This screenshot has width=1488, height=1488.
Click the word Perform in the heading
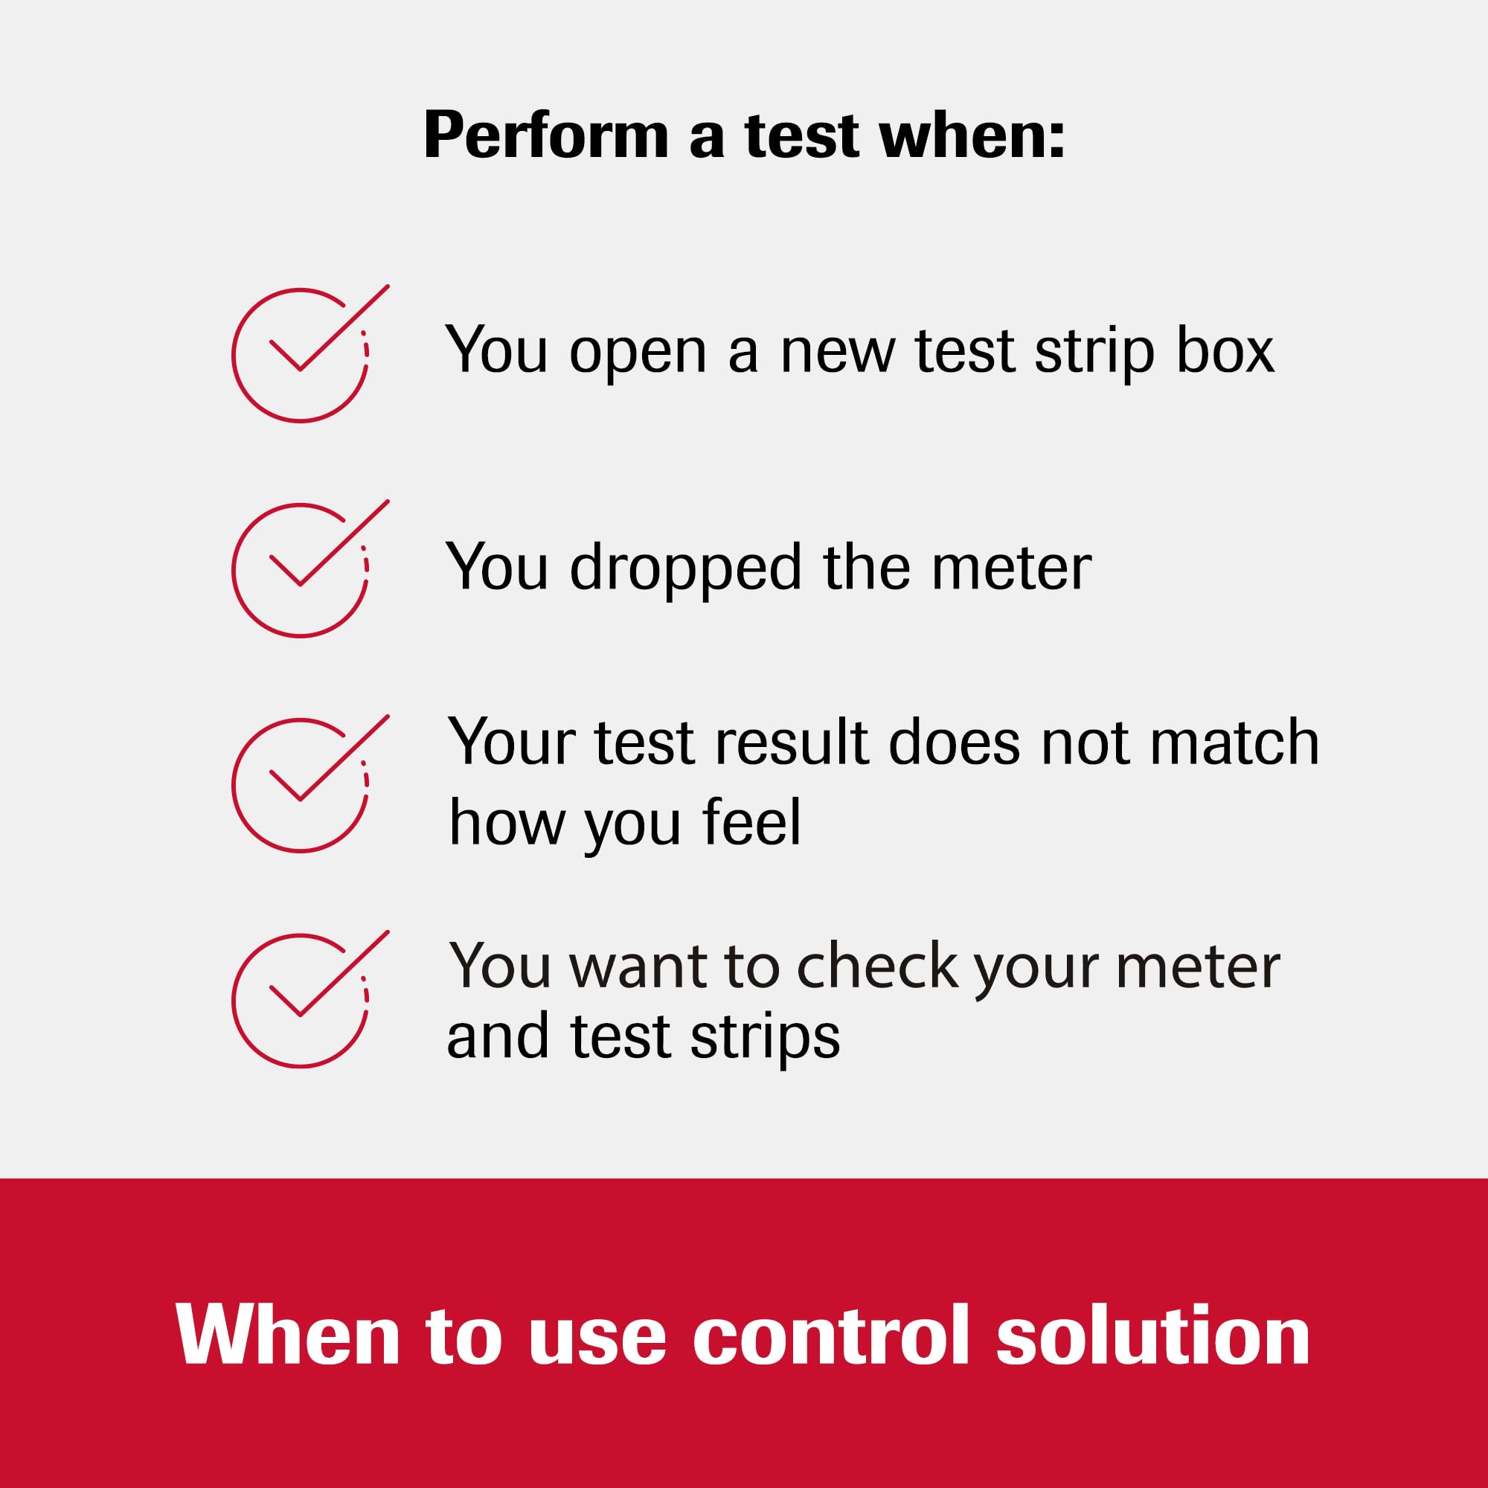point(545,137)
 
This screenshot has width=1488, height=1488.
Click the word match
point(1234,743)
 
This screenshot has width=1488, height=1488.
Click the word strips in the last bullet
point(765,1038)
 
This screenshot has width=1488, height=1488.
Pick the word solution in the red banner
point(1153,1335)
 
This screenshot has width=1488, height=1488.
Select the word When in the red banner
point(287,1335)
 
